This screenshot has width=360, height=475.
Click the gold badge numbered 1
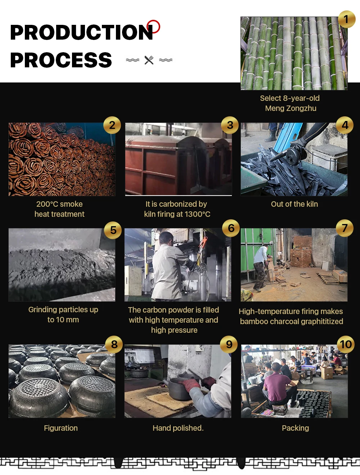pos(347,19)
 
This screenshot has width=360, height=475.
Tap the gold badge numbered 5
pos(113,230)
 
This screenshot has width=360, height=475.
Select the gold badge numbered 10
pos(346,344)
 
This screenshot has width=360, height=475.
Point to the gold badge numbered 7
pos(345,228)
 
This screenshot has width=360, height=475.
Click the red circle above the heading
pos(153,27)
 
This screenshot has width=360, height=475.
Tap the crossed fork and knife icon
pos(149,60)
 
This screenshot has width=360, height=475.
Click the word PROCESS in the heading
pos(61,60)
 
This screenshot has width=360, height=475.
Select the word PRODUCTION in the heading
pos(82,32)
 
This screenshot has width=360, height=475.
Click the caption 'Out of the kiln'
pos(294,204)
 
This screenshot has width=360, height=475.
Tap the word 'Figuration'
pos(61,428)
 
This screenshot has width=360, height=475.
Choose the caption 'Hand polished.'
pos(178,428)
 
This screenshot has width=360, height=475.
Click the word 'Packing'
pos(295,428)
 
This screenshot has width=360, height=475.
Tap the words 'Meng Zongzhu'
pos(291,108)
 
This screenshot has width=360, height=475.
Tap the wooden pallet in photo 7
pos(328,278)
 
